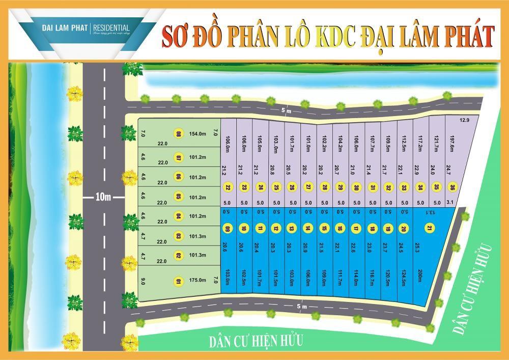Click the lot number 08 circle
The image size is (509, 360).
coord(179,134)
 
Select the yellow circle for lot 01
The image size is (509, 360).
coord(179,280)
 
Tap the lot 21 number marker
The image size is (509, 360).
coord(430,229)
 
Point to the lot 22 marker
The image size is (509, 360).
coord(228,187)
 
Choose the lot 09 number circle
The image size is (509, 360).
coord(228,229)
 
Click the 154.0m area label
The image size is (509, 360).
coord(197,134)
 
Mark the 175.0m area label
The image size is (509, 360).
coord(197,280)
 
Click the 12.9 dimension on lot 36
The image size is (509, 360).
coord(464,120)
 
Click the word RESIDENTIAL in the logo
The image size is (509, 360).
coord(110,27)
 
